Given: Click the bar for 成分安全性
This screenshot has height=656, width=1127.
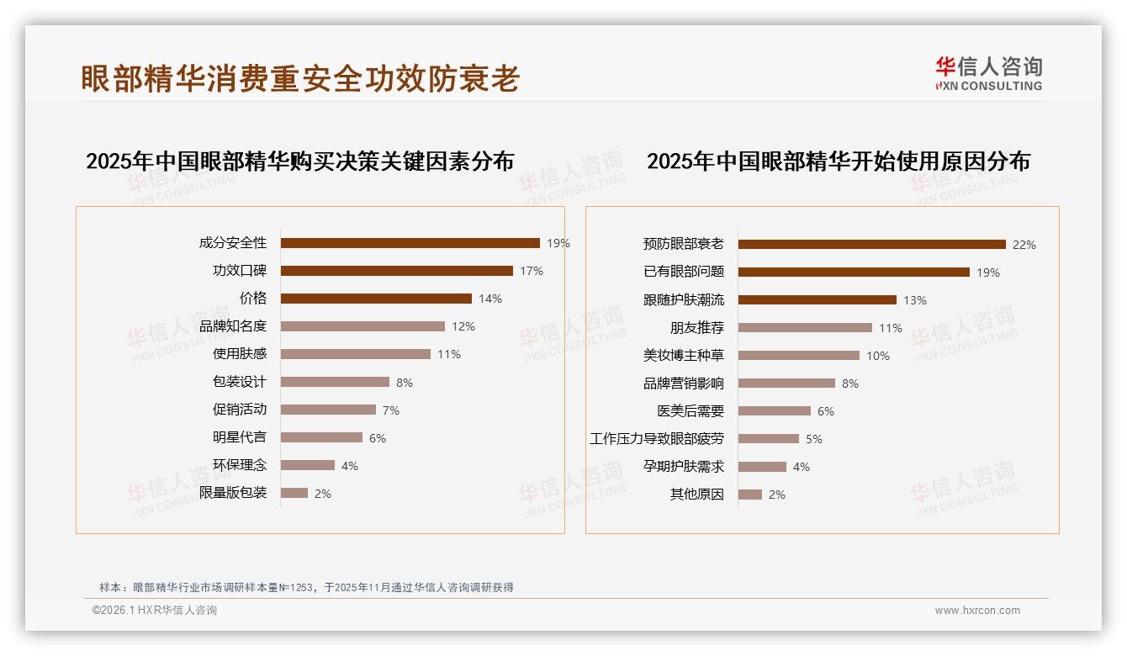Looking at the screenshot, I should pos(410,243).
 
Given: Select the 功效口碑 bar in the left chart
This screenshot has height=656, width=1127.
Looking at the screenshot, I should pos(396,271).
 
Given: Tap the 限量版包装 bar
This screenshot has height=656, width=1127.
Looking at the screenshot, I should pos(294,493).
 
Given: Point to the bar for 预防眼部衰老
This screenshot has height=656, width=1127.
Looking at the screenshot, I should pos(871,245).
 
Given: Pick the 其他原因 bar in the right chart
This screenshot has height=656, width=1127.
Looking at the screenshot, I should pos(750,495).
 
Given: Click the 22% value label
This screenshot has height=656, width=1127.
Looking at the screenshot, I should pos(1024,245).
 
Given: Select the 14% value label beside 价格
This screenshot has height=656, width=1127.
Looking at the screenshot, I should pos(490,299).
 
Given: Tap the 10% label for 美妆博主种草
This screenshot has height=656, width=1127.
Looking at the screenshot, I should pos(877,356).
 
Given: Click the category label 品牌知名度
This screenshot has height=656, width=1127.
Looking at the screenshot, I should pos(233,326).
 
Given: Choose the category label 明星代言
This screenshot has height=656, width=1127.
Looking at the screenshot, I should pos(240,437).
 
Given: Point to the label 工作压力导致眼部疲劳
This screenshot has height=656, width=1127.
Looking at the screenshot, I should pos(657,439).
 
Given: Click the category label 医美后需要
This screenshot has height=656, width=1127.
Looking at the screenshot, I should pos(690,411).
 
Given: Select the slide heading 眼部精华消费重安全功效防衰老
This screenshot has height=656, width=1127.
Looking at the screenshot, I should pos(300,78).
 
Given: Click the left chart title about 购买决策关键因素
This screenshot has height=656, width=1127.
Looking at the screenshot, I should pos(299,161).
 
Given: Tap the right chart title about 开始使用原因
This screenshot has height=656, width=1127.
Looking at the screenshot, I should pos(838,161).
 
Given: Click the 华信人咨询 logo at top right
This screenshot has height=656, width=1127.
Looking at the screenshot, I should pos(988,74).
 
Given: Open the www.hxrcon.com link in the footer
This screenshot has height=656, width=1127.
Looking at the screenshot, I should pos(977,611).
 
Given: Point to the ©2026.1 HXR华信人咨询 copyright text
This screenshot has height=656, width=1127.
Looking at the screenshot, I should pos(155,611).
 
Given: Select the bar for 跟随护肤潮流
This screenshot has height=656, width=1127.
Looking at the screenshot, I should pos(817,300).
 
